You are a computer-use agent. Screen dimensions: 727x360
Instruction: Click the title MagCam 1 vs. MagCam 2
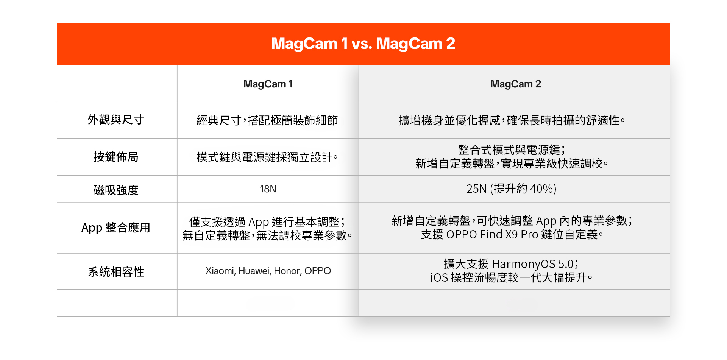tap(363, 44)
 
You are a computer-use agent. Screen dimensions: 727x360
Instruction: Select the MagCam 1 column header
tap(268, 84)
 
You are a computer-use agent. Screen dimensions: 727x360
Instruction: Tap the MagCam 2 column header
tap(515, 84)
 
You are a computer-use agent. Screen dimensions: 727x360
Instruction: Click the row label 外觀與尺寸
tap(116, 120)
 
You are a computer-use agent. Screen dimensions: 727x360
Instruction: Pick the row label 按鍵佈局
tap(116, 157)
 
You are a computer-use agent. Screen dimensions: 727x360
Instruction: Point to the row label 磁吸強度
tap(116, 190)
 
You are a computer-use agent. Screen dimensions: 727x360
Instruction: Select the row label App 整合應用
tap(116, 228)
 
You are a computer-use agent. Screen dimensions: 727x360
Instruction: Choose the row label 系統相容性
tap(116, 272)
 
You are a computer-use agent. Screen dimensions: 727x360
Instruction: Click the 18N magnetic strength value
tap(268, 189)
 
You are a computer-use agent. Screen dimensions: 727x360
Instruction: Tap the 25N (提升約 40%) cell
tap(511, 189)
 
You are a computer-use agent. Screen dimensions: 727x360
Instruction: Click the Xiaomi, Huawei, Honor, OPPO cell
tap(268, 271)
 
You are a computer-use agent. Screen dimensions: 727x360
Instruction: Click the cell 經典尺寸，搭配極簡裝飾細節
tap(267, 120)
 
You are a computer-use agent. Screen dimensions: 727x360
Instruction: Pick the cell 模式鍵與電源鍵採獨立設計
tap(267, 157)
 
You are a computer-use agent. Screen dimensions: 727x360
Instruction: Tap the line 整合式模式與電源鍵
tap(511, 150)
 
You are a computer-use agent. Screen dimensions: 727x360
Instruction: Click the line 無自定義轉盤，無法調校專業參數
tap(267, 236)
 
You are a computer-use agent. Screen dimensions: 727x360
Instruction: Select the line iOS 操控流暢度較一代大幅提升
tap(511, 278)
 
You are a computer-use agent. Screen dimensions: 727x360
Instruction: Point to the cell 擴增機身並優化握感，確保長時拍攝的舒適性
tap(511, 120)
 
